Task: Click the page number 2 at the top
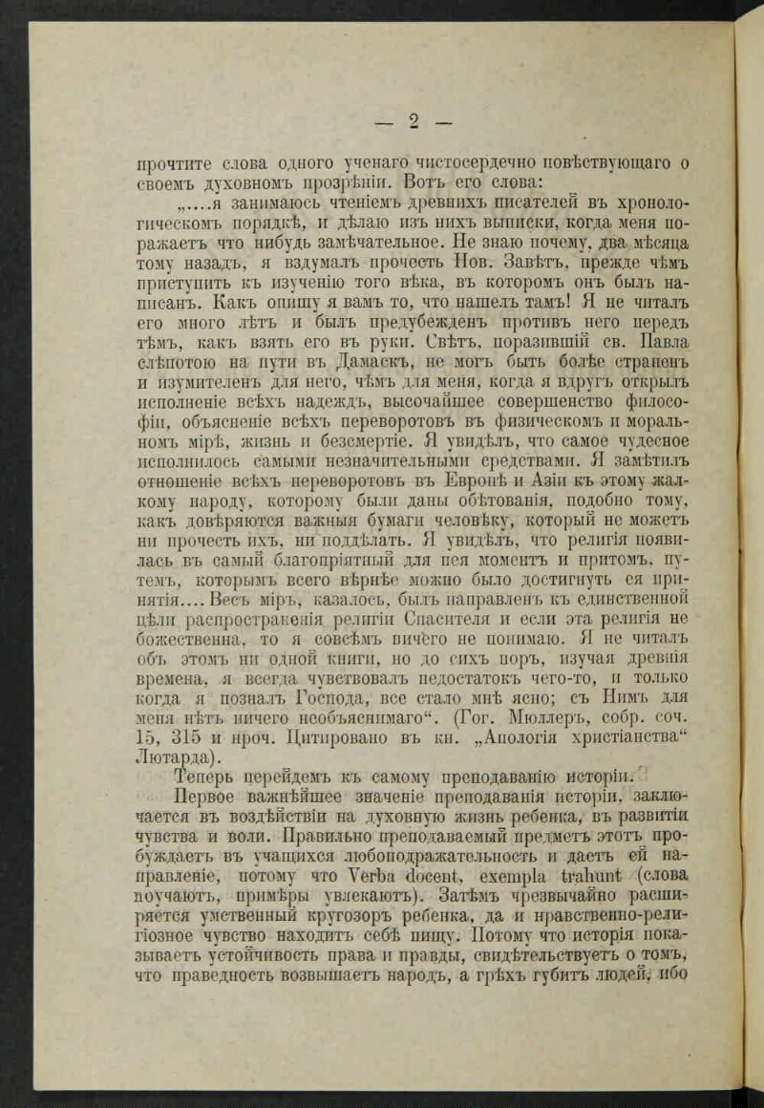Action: (x=414, y=120)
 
